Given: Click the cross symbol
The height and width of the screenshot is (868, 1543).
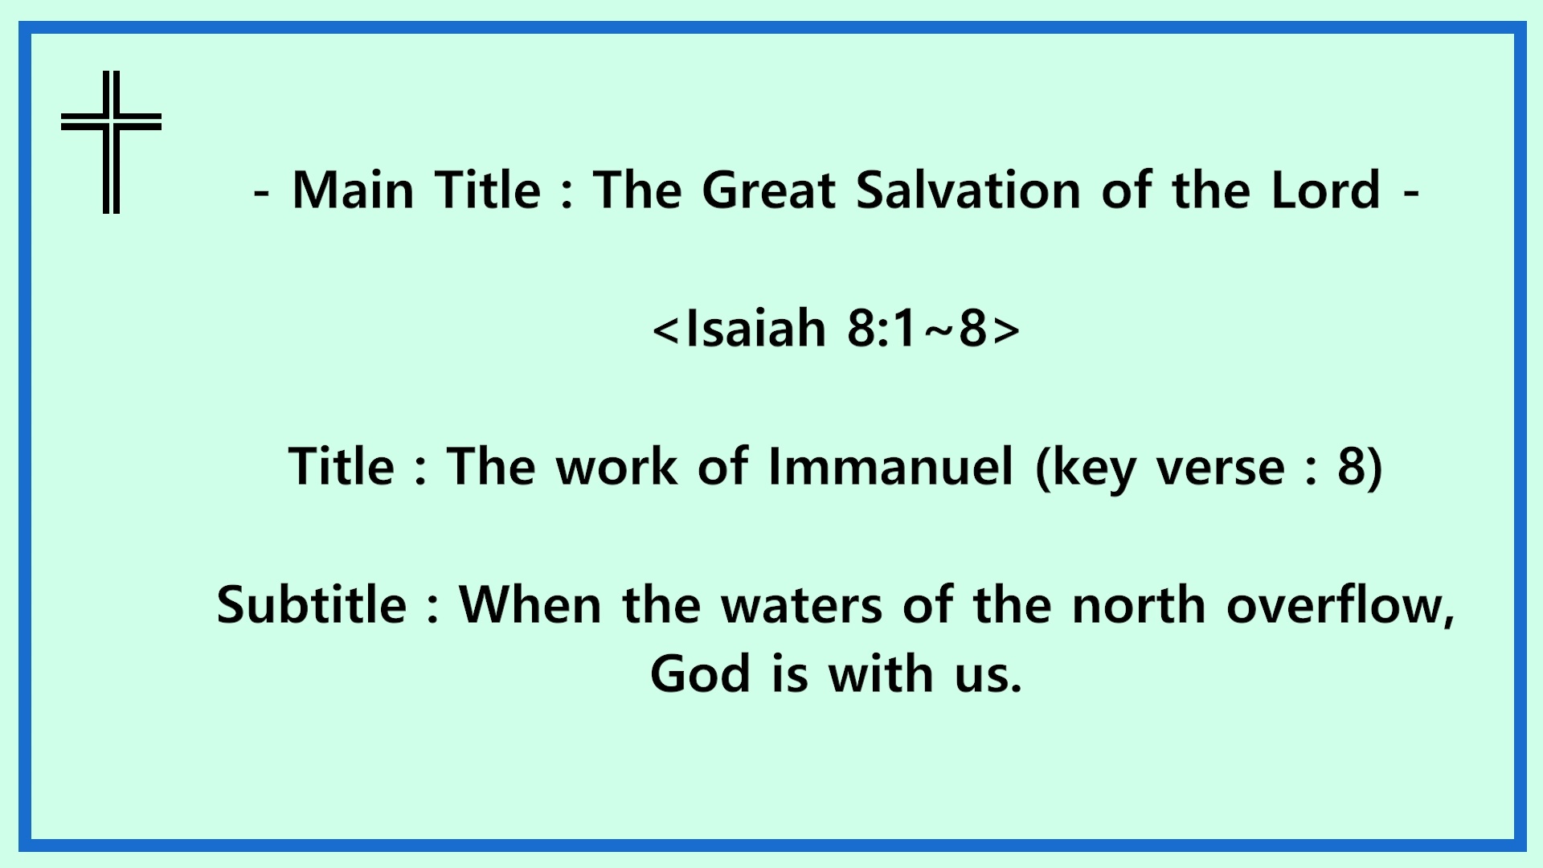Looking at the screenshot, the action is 112,122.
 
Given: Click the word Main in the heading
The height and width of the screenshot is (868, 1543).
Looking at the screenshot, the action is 353,190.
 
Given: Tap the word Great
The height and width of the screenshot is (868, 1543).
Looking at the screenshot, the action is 768,190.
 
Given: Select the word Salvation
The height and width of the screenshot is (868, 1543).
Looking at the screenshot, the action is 968,190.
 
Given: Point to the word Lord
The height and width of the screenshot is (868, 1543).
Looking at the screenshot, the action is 1326,190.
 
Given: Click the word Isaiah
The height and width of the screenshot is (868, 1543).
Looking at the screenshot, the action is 756,329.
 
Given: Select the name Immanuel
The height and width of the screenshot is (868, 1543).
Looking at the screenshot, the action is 890,466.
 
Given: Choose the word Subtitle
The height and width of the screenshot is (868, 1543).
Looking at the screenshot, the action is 312,604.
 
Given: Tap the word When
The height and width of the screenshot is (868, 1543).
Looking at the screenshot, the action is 530,604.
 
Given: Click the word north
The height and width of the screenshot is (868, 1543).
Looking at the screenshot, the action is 1139,604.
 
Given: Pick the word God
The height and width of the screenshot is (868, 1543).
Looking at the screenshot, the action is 700,674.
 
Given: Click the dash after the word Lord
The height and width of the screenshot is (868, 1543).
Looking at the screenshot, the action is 1410,194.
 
